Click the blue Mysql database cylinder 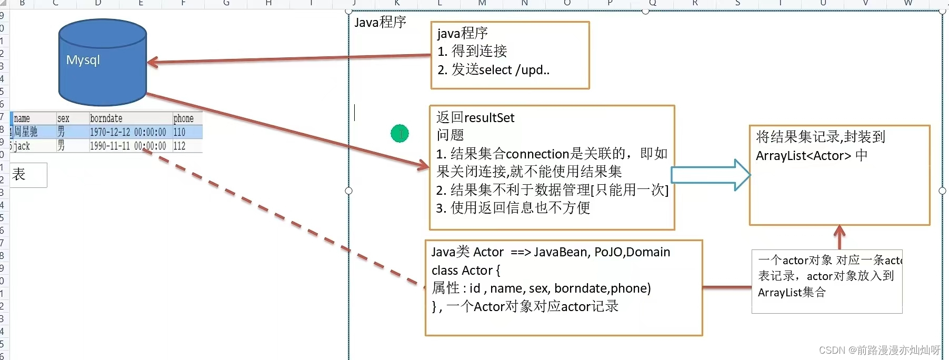point(102,63)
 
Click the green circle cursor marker point(400,134)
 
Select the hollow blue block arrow point(711,175)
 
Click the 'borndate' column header point(106,118)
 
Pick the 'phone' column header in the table point(184,118)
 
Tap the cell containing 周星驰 point(26,132)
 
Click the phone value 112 point(179,146)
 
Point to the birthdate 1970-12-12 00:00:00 point(127,132)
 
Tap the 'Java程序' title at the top point(380,22)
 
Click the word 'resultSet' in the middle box point(490,118)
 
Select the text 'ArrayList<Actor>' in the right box point(803,156)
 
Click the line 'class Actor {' point(466,271)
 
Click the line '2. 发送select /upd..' point(493,70)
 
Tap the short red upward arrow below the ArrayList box point(840,236)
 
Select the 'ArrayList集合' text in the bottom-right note point(792,293)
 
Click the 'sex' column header point(63,118)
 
